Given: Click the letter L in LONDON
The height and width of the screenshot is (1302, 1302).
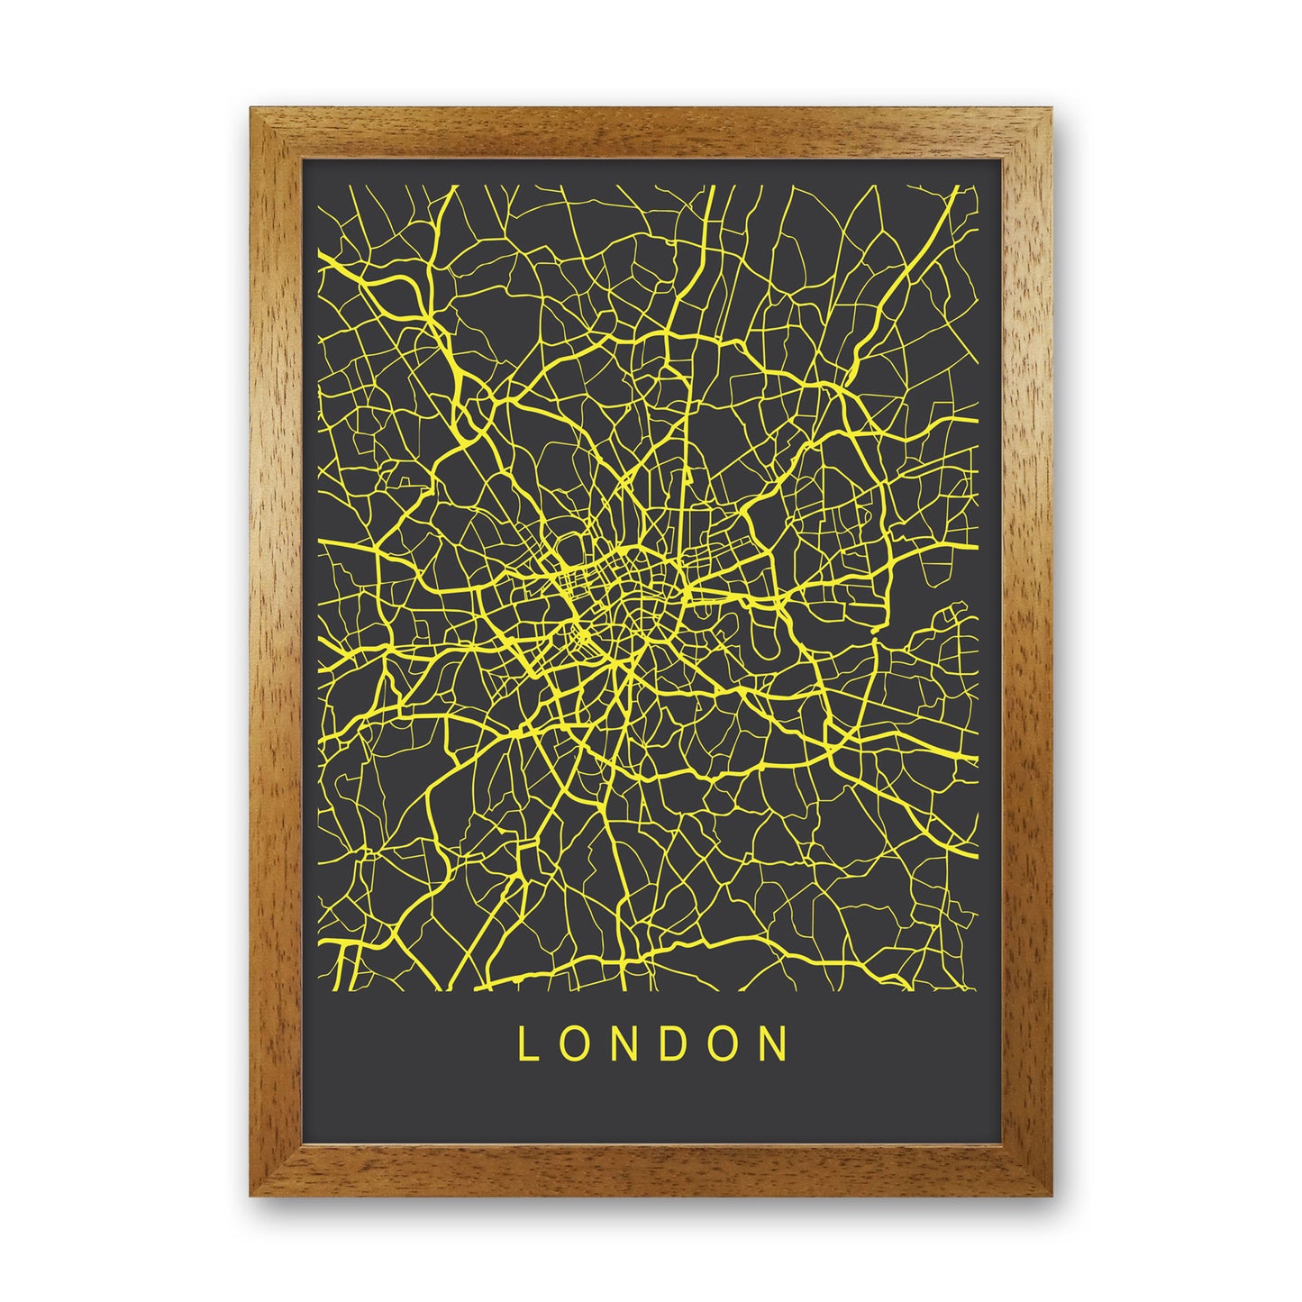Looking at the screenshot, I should point(524,1044).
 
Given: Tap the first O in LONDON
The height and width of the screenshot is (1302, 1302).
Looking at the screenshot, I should point(572,1044).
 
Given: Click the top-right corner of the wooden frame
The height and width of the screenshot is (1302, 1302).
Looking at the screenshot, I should point(1051,110).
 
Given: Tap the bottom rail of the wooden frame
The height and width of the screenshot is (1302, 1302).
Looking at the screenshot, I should point(651,1170).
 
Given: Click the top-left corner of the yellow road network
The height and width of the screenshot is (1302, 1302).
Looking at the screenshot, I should point(323,187).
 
